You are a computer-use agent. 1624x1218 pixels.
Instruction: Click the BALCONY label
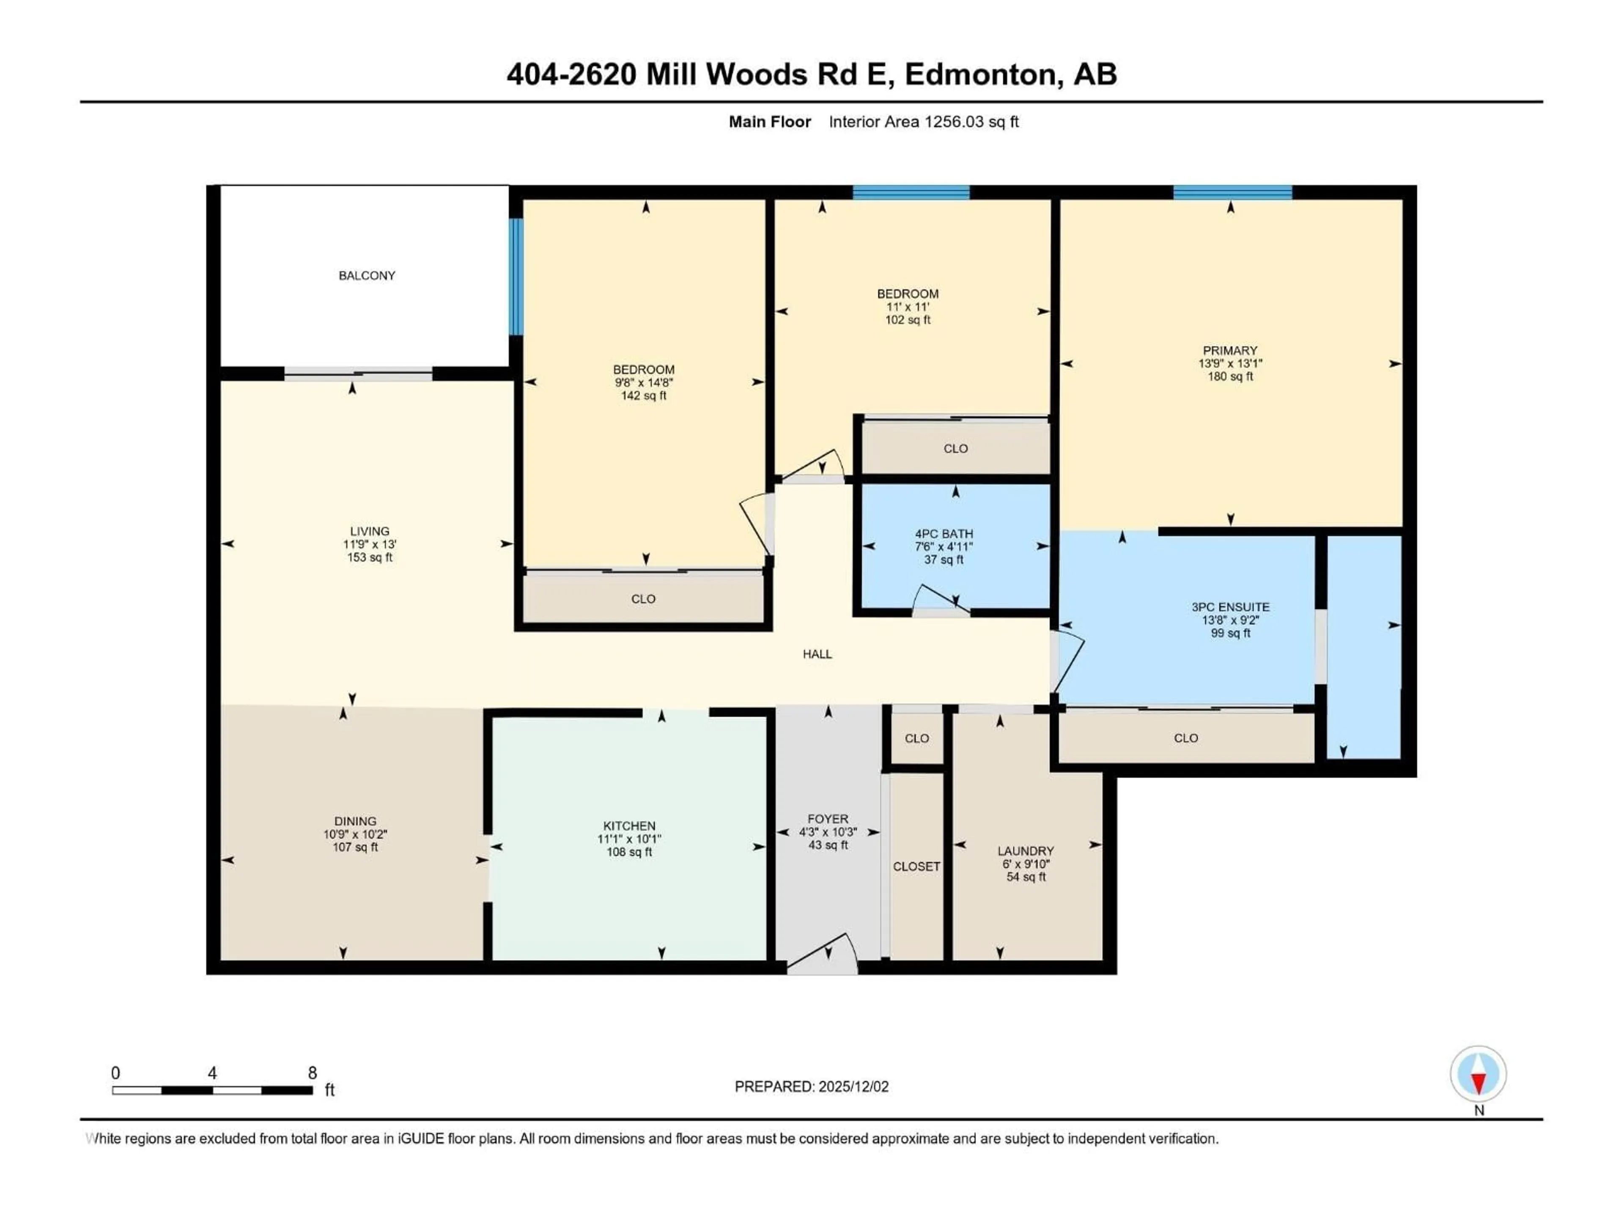click(x=366, y=275)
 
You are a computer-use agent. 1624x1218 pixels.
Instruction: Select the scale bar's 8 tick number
click(x=312, y=1073)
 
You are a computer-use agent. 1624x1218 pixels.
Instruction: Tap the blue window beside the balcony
click(x=516, y=276)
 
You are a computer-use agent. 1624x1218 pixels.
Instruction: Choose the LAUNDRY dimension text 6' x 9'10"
click(x=1026, y=864)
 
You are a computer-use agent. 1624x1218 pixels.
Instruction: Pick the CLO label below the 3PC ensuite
click(x=1186, y=738)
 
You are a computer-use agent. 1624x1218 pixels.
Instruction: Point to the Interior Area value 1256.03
click(x=953, y=122)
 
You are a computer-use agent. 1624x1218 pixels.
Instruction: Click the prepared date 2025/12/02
click(x=853, y=1086)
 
